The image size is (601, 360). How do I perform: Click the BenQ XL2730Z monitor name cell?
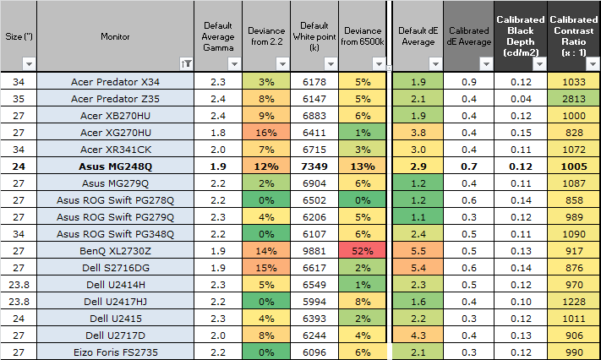[x=115, y=251]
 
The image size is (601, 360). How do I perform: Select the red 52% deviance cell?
[x=363, y=251]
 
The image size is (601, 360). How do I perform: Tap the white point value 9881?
[x=314, y=251]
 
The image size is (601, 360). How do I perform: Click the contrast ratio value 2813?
[x=574, y=99]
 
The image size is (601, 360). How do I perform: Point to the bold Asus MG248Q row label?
[x=115, y=166]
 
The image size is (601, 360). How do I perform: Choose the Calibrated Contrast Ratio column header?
[x=574, y=36]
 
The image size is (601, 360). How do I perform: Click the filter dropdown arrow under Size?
[x=29, y=64]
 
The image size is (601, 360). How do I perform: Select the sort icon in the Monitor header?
[x=186, y=64]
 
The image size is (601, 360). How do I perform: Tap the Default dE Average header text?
[x=418, y=36]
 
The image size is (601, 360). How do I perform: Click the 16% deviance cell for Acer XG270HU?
[x=266, y=133]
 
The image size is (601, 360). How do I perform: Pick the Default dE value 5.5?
[x=418, y=251]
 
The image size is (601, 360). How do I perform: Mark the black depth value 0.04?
[x=521, y=99]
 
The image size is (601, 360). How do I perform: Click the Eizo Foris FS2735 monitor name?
[x=115, y=352]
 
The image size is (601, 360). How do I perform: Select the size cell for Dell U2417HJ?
[x=19, y=302]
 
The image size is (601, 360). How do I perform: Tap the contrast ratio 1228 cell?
[x=574, y=302]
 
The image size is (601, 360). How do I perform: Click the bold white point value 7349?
[x=314, y=166]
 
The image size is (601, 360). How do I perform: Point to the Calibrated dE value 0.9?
[x=469, y=82]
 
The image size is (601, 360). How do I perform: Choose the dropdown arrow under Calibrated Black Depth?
[x=539, y=64]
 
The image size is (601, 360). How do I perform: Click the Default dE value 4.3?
[x=418, y=335]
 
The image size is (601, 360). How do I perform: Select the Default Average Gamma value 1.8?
[x=218, y=133]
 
